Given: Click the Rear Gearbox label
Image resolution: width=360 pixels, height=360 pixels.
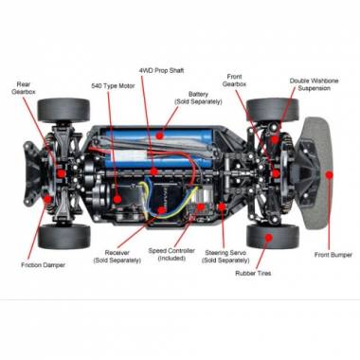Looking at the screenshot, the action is coord(24,88).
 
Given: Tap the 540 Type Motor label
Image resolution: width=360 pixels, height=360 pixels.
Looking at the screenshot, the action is coord(113,86).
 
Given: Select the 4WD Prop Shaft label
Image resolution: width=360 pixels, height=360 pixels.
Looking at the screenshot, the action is coord(161,70).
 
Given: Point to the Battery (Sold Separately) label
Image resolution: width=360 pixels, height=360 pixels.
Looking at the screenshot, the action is coord(198,98).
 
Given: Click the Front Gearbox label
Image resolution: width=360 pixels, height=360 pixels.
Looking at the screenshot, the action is coord(234,81).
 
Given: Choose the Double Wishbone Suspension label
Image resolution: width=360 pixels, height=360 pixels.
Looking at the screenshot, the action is coord(314,84).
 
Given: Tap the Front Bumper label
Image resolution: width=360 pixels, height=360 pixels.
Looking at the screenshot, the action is coord(333,255).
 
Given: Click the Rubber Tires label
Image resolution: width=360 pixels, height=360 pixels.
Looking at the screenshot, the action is coord(253,273).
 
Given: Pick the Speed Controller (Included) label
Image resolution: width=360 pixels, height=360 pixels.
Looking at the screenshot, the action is coord(171,255).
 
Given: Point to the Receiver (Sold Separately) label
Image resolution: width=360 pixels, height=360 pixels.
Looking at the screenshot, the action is coord(117,257).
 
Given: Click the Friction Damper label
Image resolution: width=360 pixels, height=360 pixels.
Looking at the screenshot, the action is coord(43,265).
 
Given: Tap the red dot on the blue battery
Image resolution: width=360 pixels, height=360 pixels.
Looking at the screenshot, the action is coord(160,135).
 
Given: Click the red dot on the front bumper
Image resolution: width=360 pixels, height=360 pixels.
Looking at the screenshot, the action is coord(330,174).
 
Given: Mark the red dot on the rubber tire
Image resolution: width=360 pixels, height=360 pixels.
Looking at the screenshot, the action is coord(268,237).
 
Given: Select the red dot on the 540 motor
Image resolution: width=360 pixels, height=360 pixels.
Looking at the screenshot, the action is coord(117,199).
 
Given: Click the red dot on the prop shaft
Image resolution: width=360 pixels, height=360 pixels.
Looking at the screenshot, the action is coord(153,171).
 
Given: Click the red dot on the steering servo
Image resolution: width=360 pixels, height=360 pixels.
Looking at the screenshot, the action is coord(222,207).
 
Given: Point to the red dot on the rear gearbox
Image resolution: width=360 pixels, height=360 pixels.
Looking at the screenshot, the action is coord(61,173).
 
